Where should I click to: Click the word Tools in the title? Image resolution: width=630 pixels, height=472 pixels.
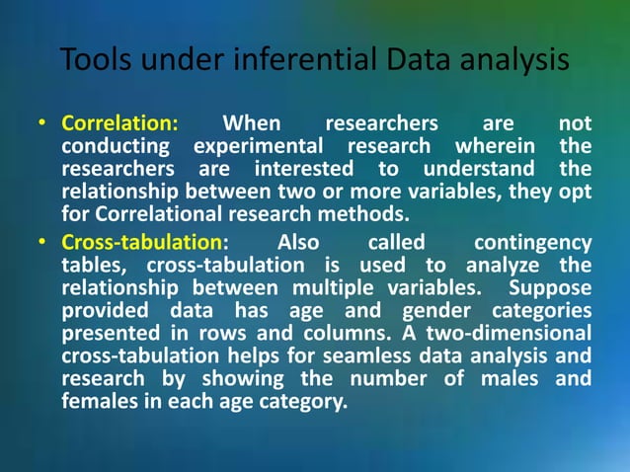(92, 60)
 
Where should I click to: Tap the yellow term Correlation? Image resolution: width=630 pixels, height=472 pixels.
(119, 124)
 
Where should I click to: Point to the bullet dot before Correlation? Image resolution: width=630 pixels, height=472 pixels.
(43, 125)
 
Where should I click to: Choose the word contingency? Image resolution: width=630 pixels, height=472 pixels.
(533, 243)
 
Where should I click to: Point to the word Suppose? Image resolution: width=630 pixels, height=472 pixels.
(550, 287)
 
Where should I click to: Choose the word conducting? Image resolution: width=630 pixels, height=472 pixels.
(111, 147)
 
